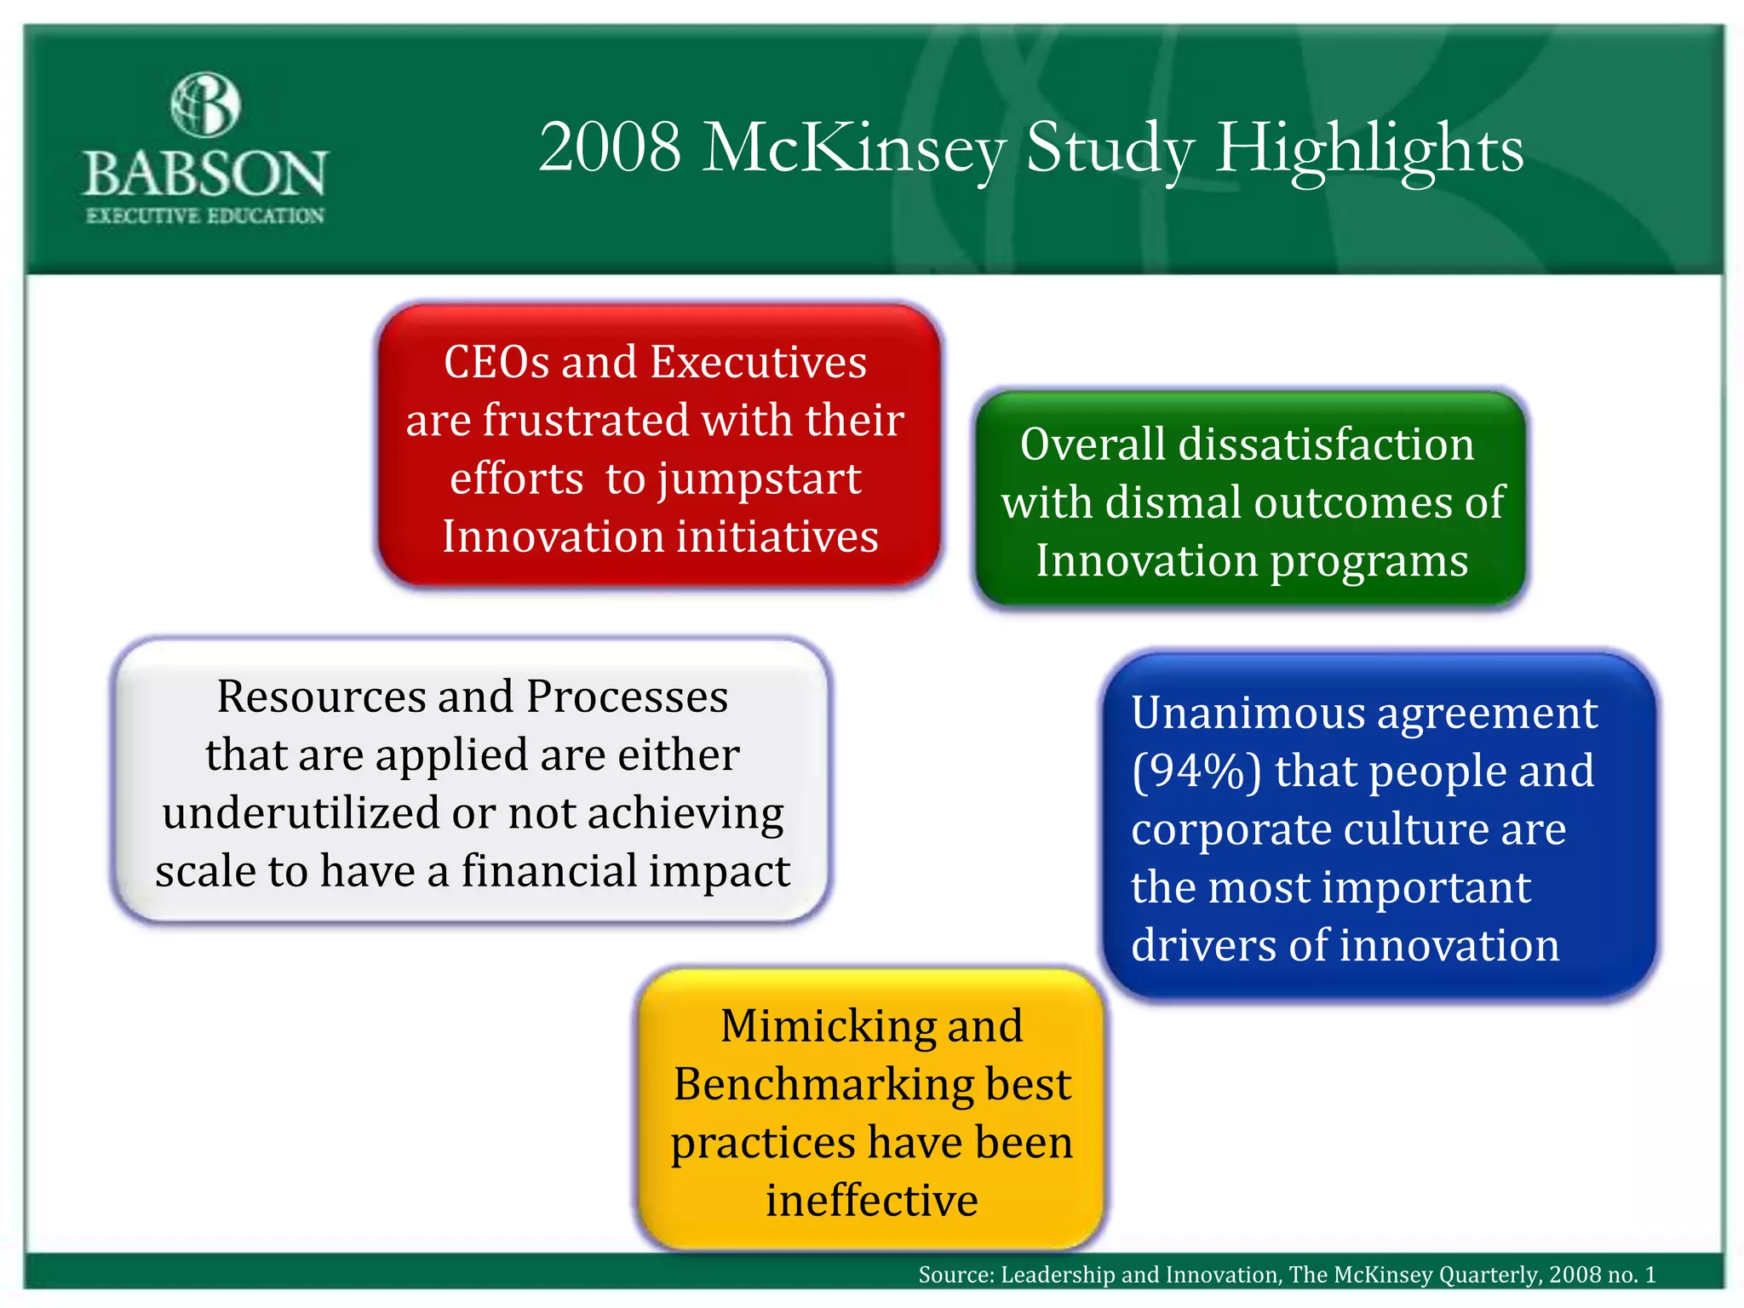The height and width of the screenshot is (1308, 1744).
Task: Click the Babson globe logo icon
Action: [205, 105]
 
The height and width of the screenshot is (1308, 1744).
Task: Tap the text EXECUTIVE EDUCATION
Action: [205, 216]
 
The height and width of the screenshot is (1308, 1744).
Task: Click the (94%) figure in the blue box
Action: [1196, 772]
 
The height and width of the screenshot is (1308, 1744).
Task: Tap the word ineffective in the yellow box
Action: [871, 1201]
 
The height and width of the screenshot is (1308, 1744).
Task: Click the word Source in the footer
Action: [954, 1275]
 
